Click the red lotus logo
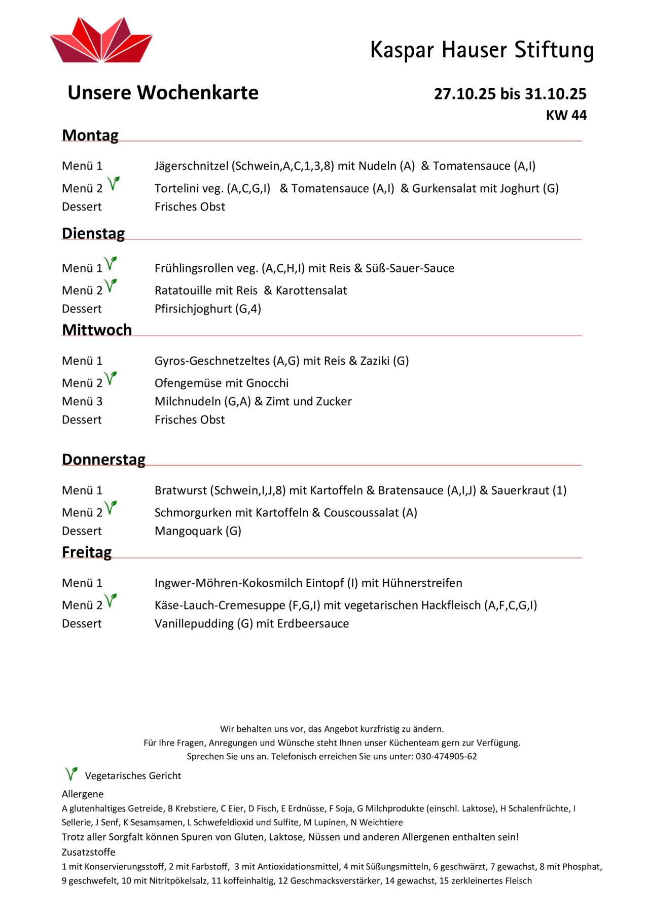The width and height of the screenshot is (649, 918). click(x=101, y=41)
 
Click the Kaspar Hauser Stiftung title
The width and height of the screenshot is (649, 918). click(x=482, y=50)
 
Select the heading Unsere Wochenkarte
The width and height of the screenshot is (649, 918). click(x=163, y=93)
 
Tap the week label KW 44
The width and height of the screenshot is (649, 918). click(x=566, y=115)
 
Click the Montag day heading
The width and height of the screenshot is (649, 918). click(x=90, y=135)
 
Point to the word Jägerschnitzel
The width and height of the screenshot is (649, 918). click(x=192, y=166)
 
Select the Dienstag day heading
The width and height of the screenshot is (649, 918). click(x=93, y=233)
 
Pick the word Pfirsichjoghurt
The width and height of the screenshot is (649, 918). click(x=193, y=309)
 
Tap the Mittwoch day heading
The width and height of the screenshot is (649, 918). click(x=97, y=330)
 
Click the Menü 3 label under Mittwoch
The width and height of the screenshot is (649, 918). click(x=82, y=402)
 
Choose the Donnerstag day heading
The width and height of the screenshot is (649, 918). click(x=103, y=460)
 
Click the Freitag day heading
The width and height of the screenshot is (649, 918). click(x=87, y=552)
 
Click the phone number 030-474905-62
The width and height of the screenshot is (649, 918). click(x=446, y=757)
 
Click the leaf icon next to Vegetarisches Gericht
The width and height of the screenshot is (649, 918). click(x=71, y=774)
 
